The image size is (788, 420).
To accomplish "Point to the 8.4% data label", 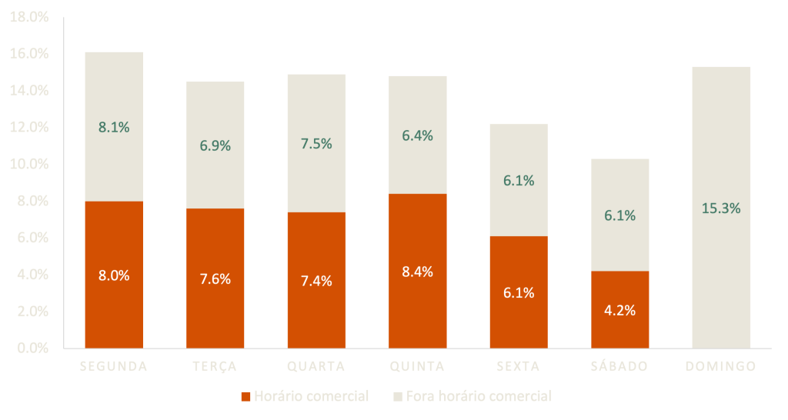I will [418, 272].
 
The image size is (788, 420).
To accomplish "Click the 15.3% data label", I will [721, 208].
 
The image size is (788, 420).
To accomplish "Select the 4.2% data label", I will [620, 311].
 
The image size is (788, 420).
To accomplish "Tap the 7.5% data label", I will [316, 144].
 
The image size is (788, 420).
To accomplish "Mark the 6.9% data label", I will [215, 145].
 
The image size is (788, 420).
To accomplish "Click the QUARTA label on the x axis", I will [316, 366].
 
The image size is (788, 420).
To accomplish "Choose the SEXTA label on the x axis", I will [519, 366].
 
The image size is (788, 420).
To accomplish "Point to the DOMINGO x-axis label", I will [720, 366].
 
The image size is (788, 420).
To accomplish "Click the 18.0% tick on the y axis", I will [28, 17].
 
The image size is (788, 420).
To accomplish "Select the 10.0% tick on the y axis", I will [28, 164].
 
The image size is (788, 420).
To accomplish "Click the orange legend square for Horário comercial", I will [246, 397].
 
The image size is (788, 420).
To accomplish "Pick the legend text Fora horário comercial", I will [479, 397].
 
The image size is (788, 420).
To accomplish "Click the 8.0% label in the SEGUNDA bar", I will [114, 275].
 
